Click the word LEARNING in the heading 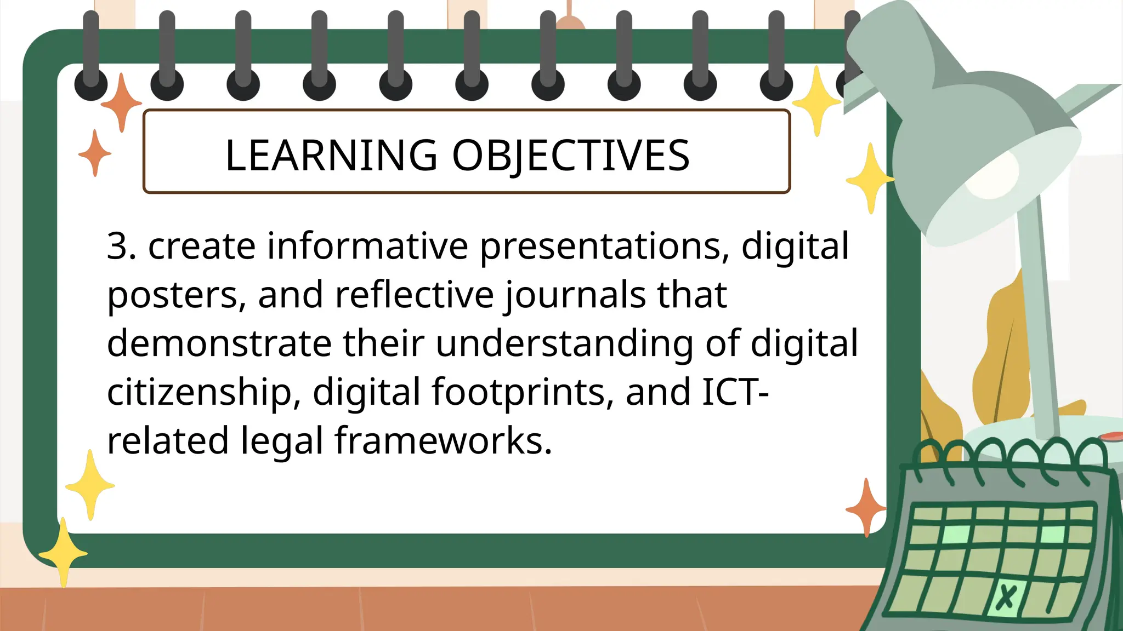point(331,156)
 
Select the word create point(202,246)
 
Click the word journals point(575,296)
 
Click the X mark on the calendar point(1006,596)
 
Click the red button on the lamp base point(1111,436)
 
